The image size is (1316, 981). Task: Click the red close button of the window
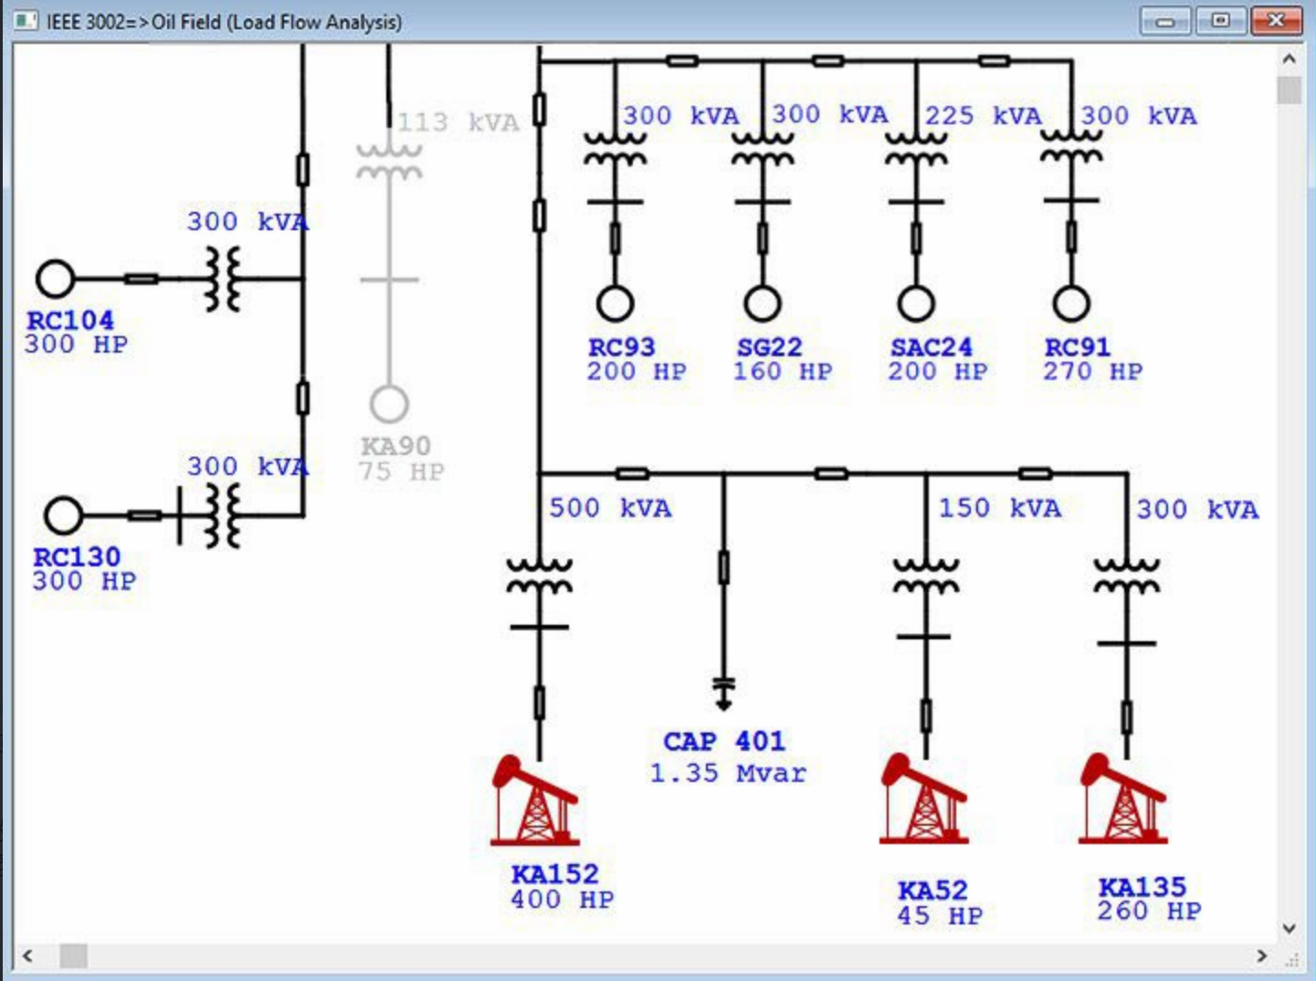[1277, 21]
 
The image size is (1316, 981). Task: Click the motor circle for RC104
[55, 279]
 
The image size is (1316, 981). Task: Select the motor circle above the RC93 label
[616, 303]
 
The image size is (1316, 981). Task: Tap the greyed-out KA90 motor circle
[389, 404]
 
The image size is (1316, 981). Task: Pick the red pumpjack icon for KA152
[535, 800]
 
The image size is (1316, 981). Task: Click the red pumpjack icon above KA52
[924, 798]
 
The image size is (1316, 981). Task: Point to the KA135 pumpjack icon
[1123, 798]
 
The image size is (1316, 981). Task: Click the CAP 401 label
[723, 742]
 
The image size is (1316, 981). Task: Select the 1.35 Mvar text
[728, 774]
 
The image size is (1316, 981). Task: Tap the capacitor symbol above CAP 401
[723, 692]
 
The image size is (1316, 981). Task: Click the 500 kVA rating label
[610, 509]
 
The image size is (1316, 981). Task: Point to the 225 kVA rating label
[984, 116]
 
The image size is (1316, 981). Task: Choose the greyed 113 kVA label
[458, 122]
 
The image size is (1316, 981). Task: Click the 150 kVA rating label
[999, 509]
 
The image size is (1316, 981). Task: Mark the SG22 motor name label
[769, 348]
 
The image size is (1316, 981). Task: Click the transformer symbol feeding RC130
[223, 516]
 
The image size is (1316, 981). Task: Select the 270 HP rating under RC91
[1092, 372]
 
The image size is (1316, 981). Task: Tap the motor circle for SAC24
[916, 303]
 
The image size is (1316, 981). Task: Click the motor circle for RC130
[64, 515]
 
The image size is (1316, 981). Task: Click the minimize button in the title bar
[1165, 21]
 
